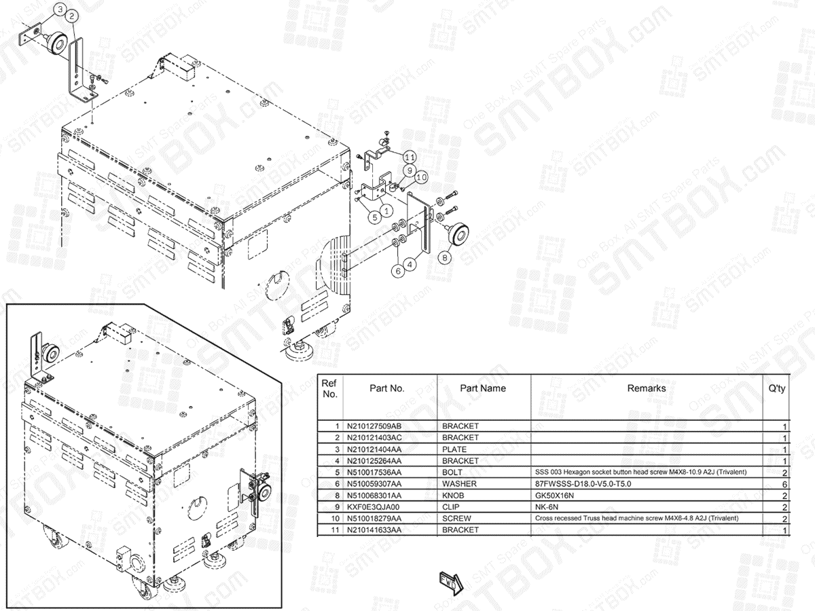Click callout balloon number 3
click(x=60, y=10)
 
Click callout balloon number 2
click(x=73, y=15)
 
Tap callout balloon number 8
click(x=446, y=258)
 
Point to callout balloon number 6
click(x=399, y=269)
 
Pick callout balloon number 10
click(x=421, y=177)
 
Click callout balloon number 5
click(x=374, y=217)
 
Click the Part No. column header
click(x=387, y=388)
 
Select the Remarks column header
click(x=646, y=388)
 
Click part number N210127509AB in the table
click(x=374, y=426)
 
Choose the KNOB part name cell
click(x=456, y=496)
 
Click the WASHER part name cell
click(x=459, y=484)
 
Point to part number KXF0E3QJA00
click(x=374, y=507)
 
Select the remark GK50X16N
click(x=555, y=496)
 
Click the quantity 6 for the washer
click(x=784, y=484)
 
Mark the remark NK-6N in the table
click(x=547, y=507)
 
